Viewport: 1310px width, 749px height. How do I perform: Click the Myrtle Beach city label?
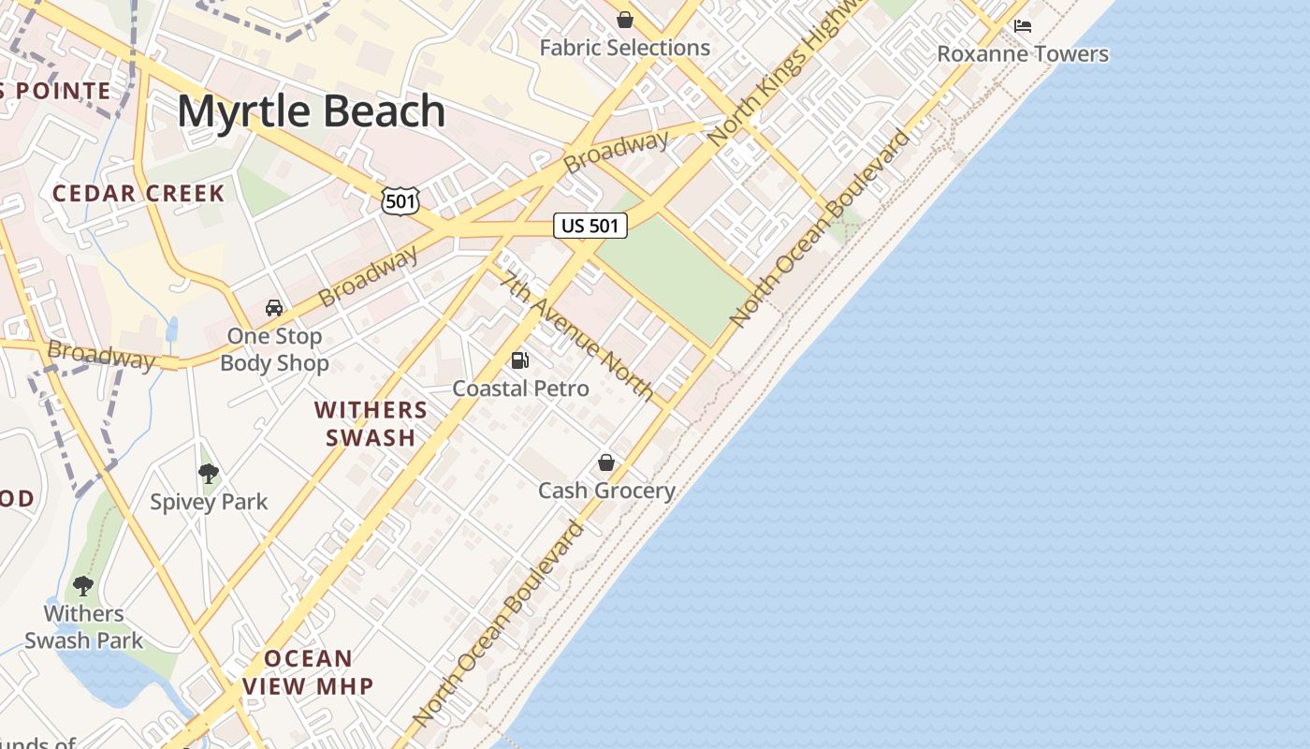click(x=311, y=111)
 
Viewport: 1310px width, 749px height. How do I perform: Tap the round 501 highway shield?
click(x=400, y=199)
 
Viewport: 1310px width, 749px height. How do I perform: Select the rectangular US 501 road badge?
click(x=589, y=226)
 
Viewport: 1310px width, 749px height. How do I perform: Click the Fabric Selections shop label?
click(x=625, y=48)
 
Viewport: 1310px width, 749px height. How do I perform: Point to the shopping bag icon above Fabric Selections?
click(x=625, y=20)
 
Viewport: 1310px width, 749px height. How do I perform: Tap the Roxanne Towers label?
click(x=1023, y=54)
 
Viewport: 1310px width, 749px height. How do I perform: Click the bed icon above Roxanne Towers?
click(x=1023, y=25)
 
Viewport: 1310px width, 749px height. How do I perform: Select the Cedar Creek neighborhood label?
click(x=138, y=194)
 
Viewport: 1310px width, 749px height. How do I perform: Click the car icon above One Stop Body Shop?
click(x=274, y=307)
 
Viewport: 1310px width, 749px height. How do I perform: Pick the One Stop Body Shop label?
click(x=274, y=349)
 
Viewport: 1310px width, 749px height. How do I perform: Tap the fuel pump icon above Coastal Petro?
click(x=520, y=360)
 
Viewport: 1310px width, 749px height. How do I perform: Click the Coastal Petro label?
click(x=520, y=389)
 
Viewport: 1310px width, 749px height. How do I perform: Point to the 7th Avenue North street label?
click(x=576, y=335)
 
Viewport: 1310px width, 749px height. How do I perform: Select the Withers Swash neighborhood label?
click(x=371, y=423)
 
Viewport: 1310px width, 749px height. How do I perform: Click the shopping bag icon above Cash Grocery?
click(x=606, y=463)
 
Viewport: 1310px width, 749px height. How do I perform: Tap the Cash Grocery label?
click(x=606, y=491)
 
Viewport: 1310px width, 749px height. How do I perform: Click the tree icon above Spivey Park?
click(x=209, y=474)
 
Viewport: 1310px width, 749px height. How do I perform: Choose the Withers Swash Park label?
click(x=84, y=627)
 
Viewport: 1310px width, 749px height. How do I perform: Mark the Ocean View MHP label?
click(x=308, y=672)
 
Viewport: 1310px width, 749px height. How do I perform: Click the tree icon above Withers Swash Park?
click(x=83, y=586)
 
